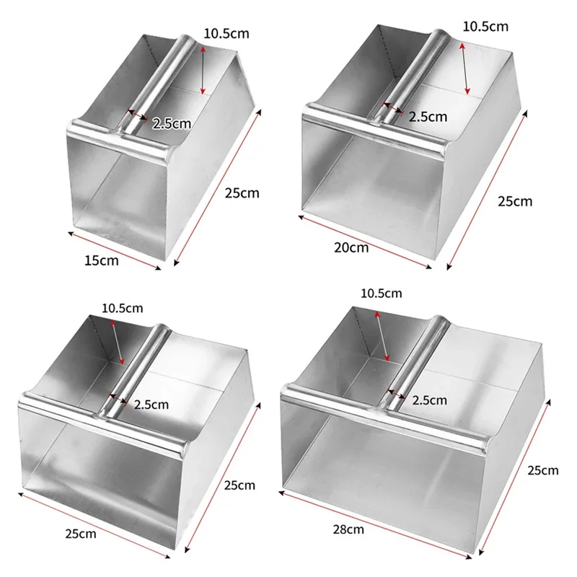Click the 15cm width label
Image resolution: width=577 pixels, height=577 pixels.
pyautogui.click(x=102, y=260)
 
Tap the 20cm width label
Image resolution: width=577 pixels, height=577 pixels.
pyautogui.click(x=351, y=247)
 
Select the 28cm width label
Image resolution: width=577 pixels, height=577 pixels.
pyautogui.click(x=348, y=529)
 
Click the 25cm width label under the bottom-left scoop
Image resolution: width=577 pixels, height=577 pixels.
pyautogui.click(x=81, y=534)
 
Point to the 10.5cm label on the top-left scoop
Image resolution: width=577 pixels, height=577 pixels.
pyautogui.click(x=226, y=33)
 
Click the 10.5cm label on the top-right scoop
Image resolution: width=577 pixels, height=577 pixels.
pyautogui.click(x=485, y=27)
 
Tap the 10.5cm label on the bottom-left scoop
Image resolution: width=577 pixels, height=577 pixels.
pyautogui.click(x=122, y=308)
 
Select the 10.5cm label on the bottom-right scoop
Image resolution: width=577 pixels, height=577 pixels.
pyautogui.click(x=382, y=294)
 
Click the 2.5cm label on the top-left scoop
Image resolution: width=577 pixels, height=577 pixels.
pyautogui.click(x=172, y=123)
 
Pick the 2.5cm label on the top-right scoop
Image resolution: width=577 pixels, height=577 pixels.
pyautogui.click(x=428, y=117)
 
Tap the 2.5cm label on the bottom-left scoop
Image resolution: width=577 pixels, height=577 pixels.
pyautogui.click(x=151, y=405)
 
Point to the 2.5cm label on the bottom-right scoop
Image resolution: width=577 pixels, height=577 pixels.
pyautogui.click(x=429, y=400)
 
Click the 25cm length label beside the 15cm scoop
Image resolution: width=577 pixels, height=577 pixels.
pyautogui.click(x=242, y=193)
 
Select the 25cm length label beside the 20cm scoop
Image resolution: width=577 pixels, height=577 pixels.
pyautogui.click(x=515, y=202)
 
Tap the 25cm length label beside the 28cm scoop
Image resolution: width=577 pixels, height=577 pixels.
pyautogui.click(x=543, y=470)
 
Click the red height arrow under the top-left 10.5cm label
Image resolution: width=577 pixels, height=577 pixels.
pyautogui.click(x=202, y=70)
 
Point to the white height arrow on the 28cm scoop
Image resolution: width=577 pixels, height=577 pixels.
pyautogui.click(x=382, y=336)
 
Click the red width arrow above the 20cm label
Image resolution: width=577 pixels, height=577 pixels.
pyautogui.click(x=365, y=242)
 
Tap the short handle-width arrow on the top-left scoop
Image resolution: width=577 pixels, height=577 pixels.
pyautogui.click(x=137, y=115)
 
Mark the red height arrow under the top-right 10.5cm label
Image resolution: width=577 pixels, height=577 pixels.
pyautogui.click(x=464, y=69)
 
